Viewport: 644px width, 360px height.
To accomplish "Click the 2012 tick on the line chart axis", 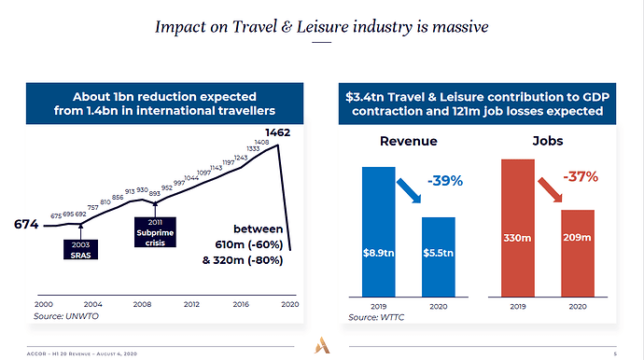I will pos(191,304).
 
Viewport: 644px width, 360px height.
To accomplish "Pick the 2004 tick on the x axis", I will pos(92,304).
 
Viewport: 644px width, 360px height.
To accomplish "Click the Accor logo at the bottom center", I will pos(322,343).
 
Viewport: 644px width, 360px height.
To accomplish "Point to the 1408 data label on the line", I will pos(261,143).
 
